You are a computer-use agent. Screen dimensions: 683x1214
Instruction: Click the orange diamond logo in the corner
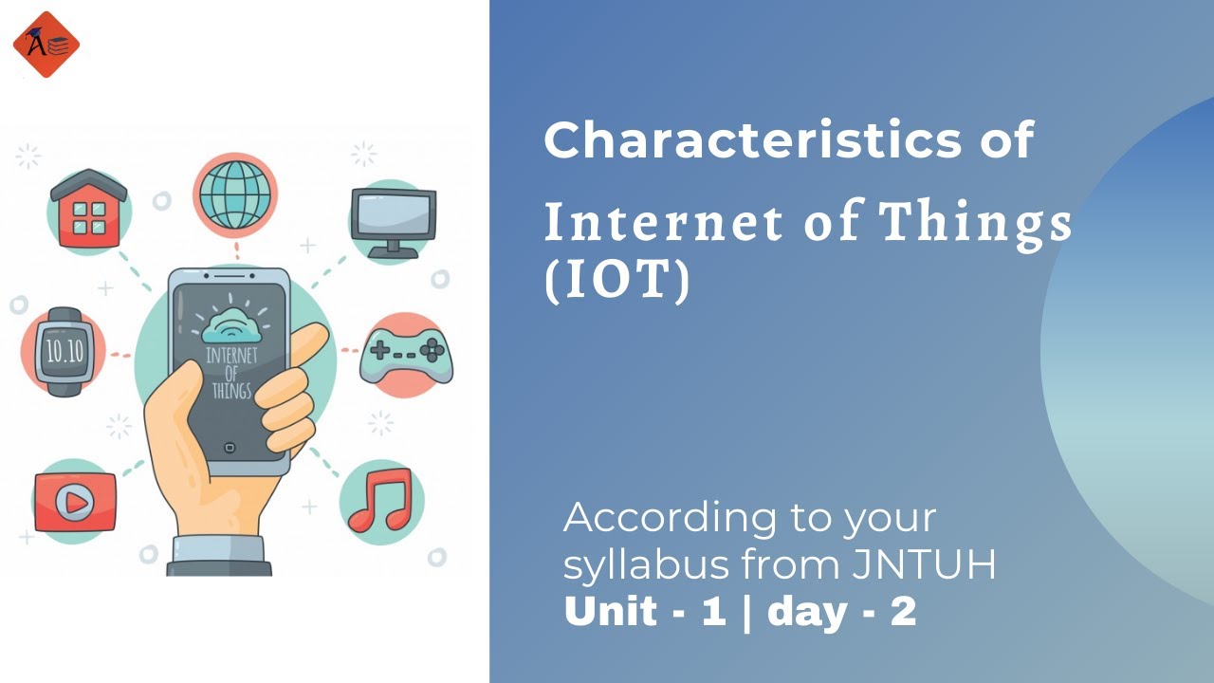[x=46, y=44]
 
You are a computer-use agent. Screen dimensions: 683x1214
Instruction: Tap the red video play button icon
[x=74, y=502]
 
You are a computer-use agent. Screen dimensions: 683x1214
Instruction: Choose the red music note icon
[x=380, y=500]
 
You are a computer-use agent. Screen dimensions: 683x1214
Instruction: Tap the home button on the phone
[x=229, y=447]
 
